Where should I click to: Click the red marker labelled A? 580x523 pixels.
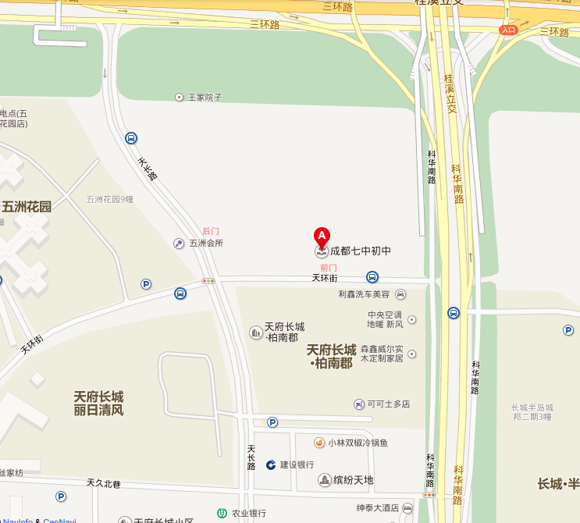[322, 236]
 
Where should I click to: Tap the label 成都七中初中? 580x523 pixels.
[360, 251]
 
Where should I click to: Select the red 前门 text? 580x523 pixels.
[329, 268]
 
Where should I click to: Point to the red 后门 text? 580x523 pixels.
[211, 231]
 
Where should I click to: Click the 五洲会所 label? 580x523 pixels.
[206, 243]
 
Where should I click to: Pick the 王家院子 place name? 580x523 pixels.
[205, 98]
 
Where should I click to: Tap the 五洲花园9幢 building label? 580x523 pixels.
[110, 199]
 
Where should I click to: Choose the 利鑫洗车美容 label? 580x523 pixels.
[364, 294]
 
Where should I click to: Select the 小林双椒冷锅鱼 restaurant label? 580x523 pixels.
[358, 443]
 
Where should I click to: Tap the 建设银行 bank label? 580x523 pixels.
[297, 464]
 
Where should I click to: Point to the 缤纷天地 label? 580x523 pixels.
[353, 480]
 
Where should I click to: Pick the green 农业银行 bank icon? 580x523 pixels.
[222, 514]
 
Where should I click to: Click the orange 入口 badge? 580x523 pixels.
[509, 30]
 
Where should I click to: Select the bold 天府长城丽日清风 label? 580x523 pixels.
[98, 403]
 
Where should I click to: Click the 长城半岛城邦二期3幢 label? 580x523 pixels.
[532, 412]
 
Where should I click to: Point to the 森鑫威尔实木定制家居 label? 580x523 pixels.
[382, 354]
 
